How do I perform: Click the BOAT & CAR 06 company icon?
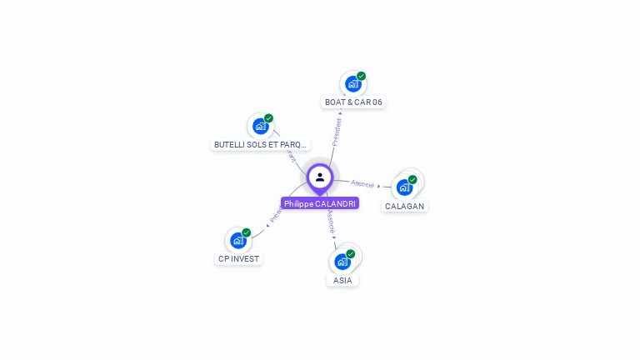[x=353, y=84]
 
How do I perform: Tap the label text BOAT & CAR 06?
[x=353, y=102]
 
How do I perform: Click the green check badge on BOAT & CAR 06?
[x=362, y=76]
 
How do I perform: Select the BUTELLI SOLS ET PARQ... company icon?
[x=261, y=127]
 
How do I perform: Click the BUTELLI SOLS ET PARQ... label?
[x=261, y=144]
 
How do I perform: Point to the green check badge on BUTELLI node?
[x=269, y=118]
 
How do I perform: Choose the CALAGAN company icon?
[x=405, y=187]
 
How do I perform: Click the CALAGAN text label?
[x=405, y=206]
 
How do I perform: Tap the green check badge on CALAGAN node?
[x=412, y=179]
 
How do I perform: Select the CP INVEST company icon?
[x=238, y=241]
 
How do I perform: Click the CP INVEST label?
[x=239, y=259]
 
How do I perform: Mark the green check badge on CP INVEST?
[x=247, y=232]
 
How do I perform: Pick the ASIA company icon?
[x=342, y=262]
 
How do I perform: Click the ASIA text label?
[x=342, y=281]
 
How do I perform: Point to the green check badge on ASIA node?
[x=351, y=253]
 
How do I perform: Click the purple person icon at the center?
[x=320, y=177]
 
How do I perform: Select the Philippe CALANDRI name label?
[x=320, y=203]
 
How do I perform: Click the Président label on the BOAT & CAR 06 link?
[x=337, y=132]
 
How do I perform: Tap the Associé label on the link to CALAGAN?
[x=362, y=183]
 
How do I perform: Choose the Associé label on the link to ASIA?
[x=331, y=221]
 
